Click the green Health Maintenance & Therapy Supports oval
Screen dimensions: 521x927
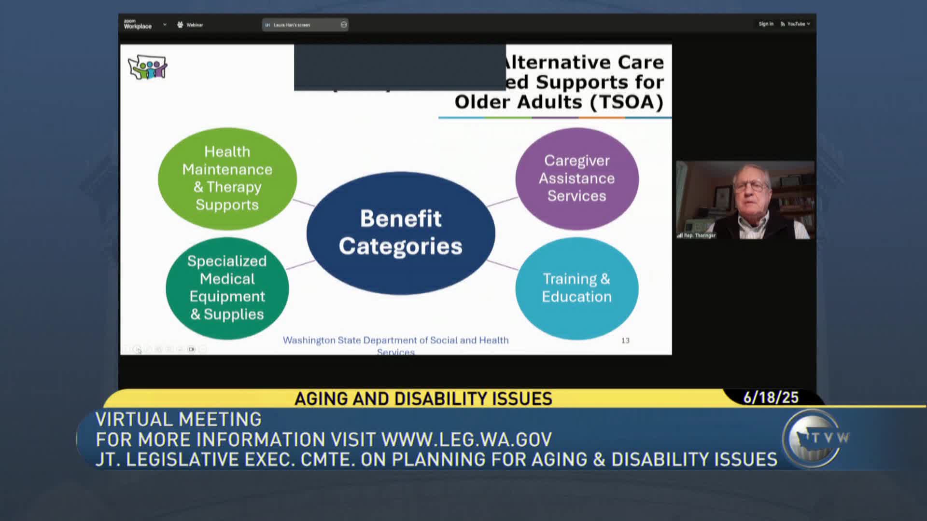(x=227, y=178)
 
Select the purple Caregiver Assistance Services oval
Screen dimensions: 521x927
(x=576, y=178)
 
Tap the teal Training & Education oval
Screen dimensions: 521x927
(x=576, y=288)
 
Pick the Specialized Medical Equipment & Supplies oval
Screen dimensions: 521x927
(x=227, y=288)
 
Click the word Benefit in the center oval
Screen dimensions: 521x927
(x=400, y=219)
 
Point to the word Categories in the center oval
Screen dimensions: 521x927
(x=400, y=247)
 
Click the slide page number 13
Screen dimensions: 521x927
(x=625, y=341)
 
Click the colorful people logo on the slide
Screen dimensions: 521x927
(x=148, y=67)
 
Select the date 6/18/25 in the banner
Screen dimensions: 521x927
(x=771, y=398)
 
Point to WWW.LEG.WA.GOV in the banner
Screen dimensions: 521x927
(x=466, y=439)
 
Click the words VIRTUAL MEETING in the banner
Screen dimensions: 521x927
(x=179, y=419)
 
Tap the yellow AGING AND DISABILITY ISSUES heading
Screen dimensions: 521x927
(x=423, y=399)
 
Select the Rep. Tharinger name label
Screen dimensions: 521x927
(x=699, y=235)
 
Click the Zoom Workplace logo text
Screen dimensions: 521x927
(x=137, y=25)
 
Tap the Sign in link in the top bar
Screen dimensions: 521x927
(x=766, y=24)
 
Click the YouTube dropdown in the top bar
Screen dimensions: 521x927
(x=797, y=24)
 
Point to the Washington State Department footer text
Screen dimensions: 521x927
(x=395, y=340)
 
